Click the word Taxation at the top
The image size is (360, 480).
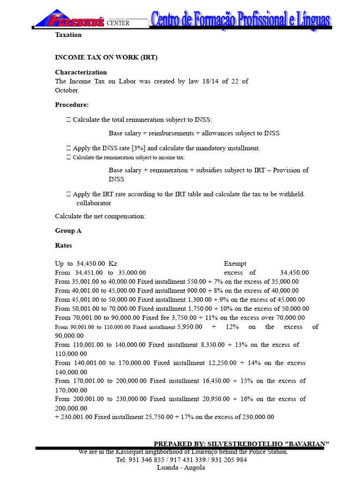pyautogui.click(x=68, y=35)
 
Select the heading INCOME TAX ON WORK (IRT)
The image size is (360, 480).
pyautogui.click(x=106, y=58)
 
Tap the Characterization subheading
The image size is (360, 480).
pyautogui.click(x=81, y=72)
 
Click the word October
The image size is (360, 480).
pyautogui.click(x=67, y=90)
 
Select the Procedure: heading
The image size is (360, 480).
pyautogui.click(x=72, y=105)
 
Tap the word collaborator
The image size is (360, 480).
pyautogui.click(x=94, y=203)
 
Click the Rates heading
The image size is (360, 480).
pyautogui.click(x=64, y=245)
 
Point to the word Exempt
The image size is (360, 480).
pyautogui.click(x=235, y=263)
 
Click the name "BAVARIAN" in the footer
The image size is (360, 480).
pyautogui.click(x=307, y=443)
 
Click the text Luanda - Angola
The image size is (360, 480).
pyautogui.click(x=181, y=467)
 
